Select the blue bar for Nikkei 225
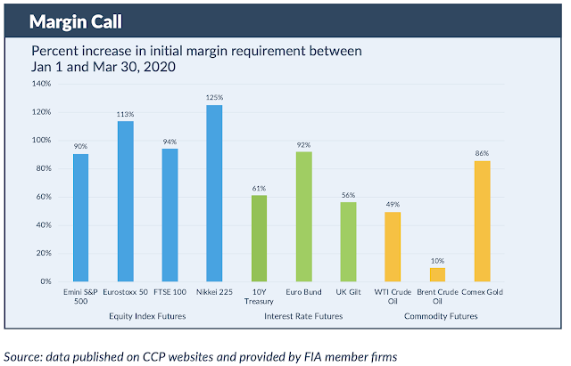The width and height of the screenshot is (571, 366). click(x=215, y=193)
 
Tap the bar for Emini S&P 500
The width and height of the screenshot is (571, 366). click(x=80, y=218)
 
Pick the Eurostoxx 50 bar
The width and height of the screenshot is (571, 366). click(x=125, y=201)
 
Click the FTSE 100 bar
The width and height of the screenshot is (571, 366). click(x=170, y=215)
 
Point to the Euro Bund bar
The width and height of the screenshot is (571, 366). click(x=303, y=216)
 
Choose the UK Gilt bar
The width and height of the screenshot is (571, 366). click(x=348, y=241)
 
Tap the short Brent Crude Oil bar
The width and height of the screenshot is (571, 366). click(x=437, y=274)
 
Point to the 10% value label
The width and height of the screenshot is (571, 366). click(x=437, y=260)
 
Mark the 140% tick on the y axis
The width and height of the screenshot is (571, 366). click(x=42, y=84)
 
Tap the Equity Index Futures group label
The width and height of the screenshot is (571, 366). click(x=147, y=315)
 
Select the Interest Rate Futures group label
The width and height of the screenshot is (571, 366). click(x=303, y=315)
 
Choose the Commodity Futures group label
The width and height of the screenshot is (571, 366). click(x=441, y=315)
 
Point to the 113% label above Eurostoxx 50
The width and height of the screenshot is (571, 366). click(x=125, y=114)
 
